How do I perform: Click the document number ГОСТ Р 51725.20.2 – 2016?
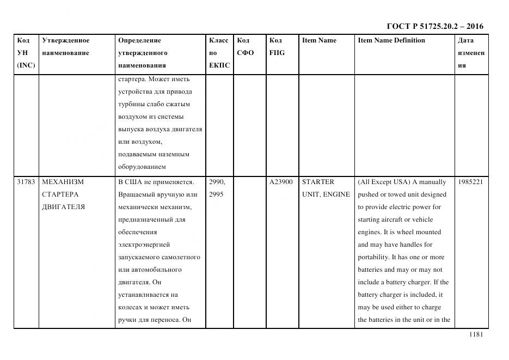point(434,26)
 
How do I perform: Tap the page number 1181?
point(476,335)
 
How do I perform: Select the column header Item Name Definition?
point(391,40)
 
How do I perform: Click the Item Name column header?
point(319,40)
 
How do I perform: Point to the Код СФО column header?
point(246,47)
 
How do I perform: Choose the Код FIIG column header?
point(277,47)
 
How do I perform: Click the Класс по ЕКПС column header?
point(219,53)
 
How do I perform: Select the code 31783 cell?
point(26,182)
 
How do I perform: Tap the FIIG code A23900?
point(281,182)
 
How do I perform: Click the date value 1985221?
point(470,182)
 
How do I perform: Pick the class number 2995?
point(216,194)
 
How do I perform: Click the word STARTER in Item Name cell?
point(318,182)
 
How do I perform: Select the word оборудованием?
point(142,167)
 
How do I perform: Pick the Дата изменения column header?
point(471,53)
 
